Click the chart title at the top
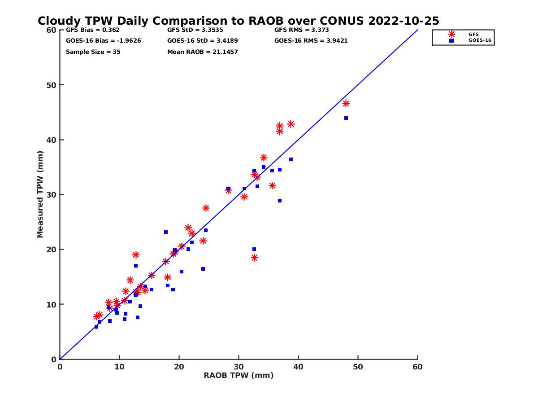[x=238, y=21]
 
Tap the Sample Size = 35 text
[x=93, y=52]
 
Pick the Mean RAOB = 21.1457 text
[x=203, y=52]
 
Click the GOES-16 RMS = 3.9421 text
[x=311, y=41]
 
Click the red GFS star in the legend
[x=451, y=34]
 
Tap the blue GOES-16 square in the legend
[x=451, y=40]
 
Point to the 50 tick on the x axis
[x=358, y=367]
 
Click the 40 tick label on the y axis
[x=51, y=140]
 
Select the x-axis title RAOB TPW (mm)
[x=239, y=376]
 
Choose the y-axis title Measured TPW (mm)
[x=40, y=194]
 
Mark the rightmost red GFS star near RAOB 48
[x=346, y=104]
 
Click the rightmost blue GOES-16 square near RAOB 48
[x=346, y=118]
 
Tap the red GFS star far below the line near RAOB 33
[x=254, y=258]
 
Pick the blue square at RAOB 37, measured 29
[x=280, y=201]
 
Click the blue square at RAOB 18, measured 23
[x=166, y=232]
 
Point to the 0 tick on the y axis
[x=54, y=359]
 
